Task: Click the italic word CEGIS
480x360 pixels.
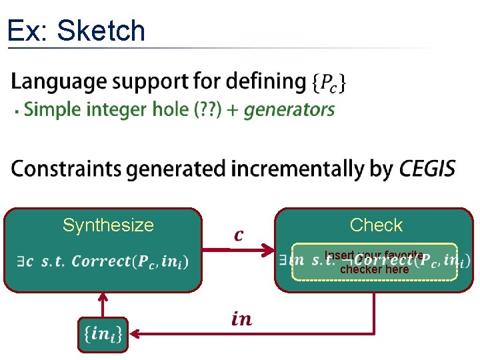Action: [427, 169]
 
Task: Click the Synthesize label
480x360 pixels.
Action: [108, 225]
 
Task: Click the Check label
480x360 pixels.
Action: [376, 225]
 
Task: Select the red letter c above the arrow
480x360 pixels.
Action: [239, 235]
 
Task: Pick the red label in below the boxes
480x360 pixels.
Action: [241, 319]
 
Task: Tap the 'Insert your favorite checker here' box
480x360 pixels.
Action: [375, 261]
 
